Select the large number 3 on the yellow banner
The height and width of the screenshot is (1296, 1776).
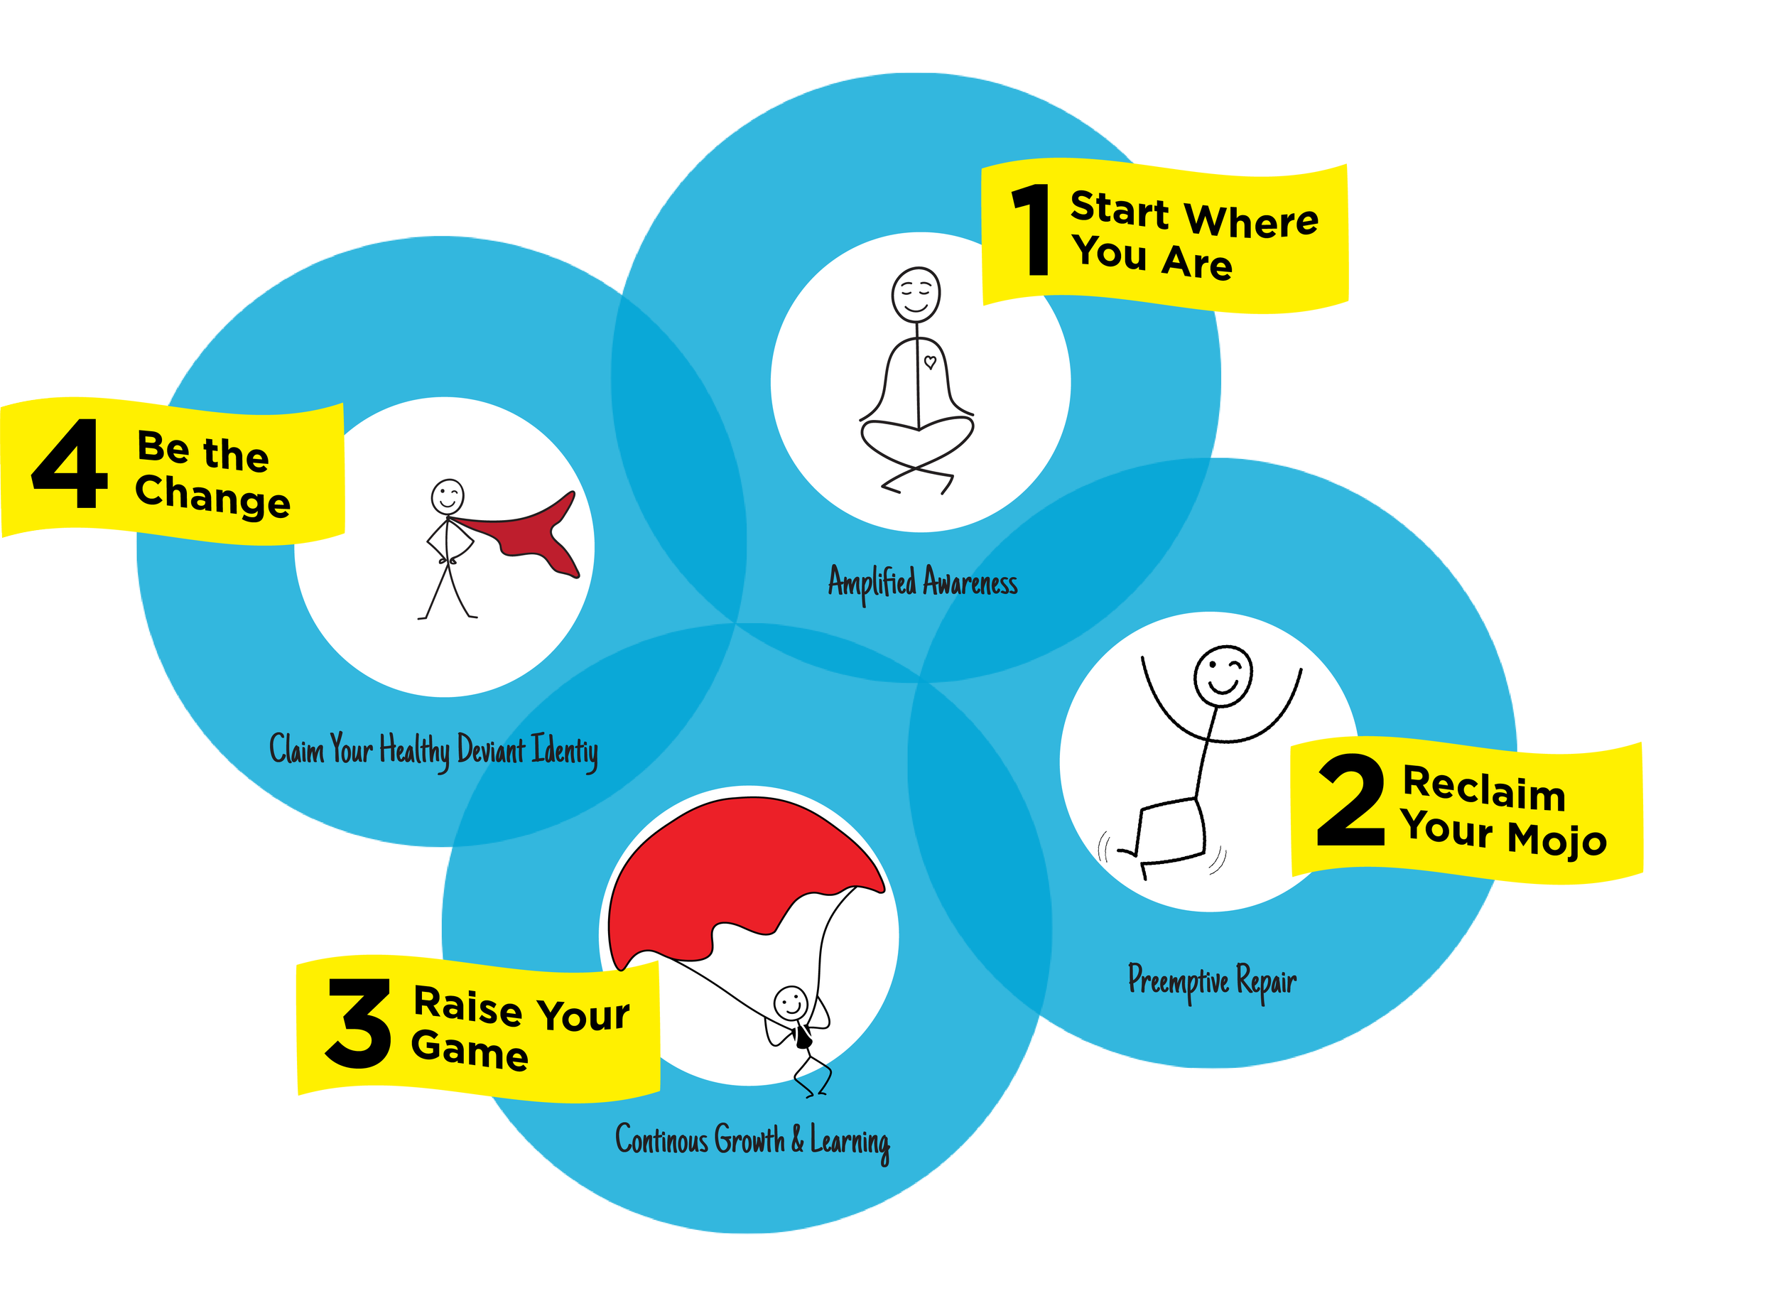point(359,1024)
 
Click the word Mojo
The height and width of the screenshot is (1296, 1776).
point(1557,839)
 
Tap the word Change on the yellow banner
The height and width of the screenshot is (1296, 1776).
point(212,496)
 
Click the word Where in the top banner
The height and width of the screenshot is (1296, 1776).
point(1251,219)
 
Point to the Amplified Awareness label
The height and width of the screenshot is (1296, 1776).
point(923,583)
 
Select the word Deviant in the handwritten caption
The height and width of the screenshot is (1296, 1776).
point(491,750)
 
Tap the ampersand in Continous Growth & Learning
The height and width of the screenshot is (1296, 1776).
point(797,1139)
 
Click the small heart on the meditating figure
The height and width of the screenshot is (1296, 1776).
point(931,362)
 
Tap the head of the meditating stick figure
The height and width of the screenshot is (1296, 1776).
point(916,294)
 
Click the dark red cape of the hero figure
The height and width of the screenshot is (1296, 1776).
point(534,534)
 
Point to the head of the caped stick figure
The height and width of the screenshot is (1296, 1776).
point(447,497)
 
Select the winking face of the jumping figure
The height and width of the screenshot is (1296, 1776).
point(1223,676)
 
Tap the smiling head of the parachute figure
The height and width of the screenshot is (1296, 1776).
point(790,1003)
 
